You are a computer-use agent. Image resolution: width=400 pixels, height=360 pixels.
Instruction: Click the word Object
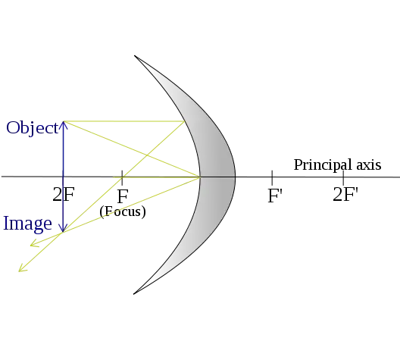[x=32, y=128]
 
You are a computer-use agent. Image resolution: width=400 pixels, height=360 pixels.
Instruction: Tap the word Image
[x=27, y=224]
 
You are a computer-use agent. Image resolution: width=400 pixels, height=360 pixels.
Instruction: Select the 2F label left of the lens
[x=64, y=195]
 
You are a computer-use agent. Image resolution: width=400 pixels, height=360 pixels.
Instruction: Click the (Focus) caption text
[x=123, y=211]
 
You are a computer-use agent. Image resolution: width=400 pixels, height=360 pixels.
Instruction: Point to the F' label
[x=275, y=196]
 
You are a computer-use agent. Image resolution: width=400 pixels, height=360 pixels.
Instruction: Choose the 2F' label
[x=345, y=195]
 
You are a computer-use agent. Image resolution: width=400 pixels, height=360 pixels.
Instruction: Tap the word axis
[x=369, y=164]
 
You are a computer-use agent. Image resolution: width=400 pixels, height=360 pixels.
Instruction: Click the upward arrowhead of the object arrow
[x=64, y=125]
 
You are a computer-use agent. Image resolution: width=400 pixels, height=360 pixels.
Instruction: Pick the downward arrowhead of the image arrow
[x=63, y=227]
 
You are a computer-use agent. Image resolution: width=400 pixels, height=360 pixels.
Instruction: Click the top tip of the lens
[x=134, y=55]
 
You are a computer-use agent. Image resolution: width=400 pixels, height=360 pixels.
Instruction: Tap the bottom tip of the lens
[x=133, y=294]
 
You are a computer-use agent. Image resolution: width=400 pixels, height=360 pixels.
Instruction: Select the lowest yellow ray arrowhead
[x=22, y=268]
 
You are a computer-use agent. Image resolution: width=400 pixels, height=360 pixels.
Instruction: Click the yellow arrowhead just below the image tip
[x=34, y=243]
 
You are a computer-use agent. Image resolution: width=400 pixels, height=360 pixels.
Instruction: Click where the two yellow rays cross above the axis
[x=147, y=155]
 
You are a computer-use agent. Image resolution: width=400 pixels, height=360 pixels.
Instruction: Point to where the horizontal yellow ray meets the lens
[x=184, y=121]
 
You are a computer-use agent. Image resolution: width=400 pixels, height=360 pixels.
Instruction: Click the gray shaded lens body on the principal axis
[x=217, y=177]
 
